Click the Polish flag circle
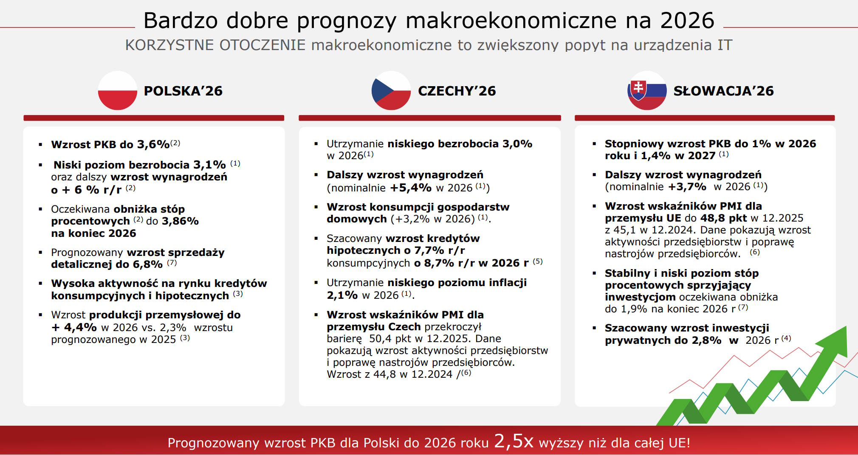[x=118, y=90]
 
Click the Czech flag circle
[x=391, y=90]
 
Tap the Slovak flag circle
[x=647, y=90]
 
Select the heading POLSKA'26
[x=183, y=91]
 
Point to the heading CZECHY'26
[x=457, y=91]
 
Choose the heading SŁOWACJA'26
[x=724, y=91]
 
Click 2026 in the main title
[x=687, y=20]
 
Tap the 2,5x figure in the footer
[x=514, y=441]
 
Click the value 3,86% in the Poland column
[x=180, y=221]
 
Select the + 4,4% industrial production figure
[x=74, y=327]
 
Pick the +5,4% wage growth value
[x=411, y=188]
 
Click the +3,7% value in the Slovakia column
[x=687, y=187]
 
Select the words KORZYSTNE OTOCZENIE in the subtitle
[x=215, y=45]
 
